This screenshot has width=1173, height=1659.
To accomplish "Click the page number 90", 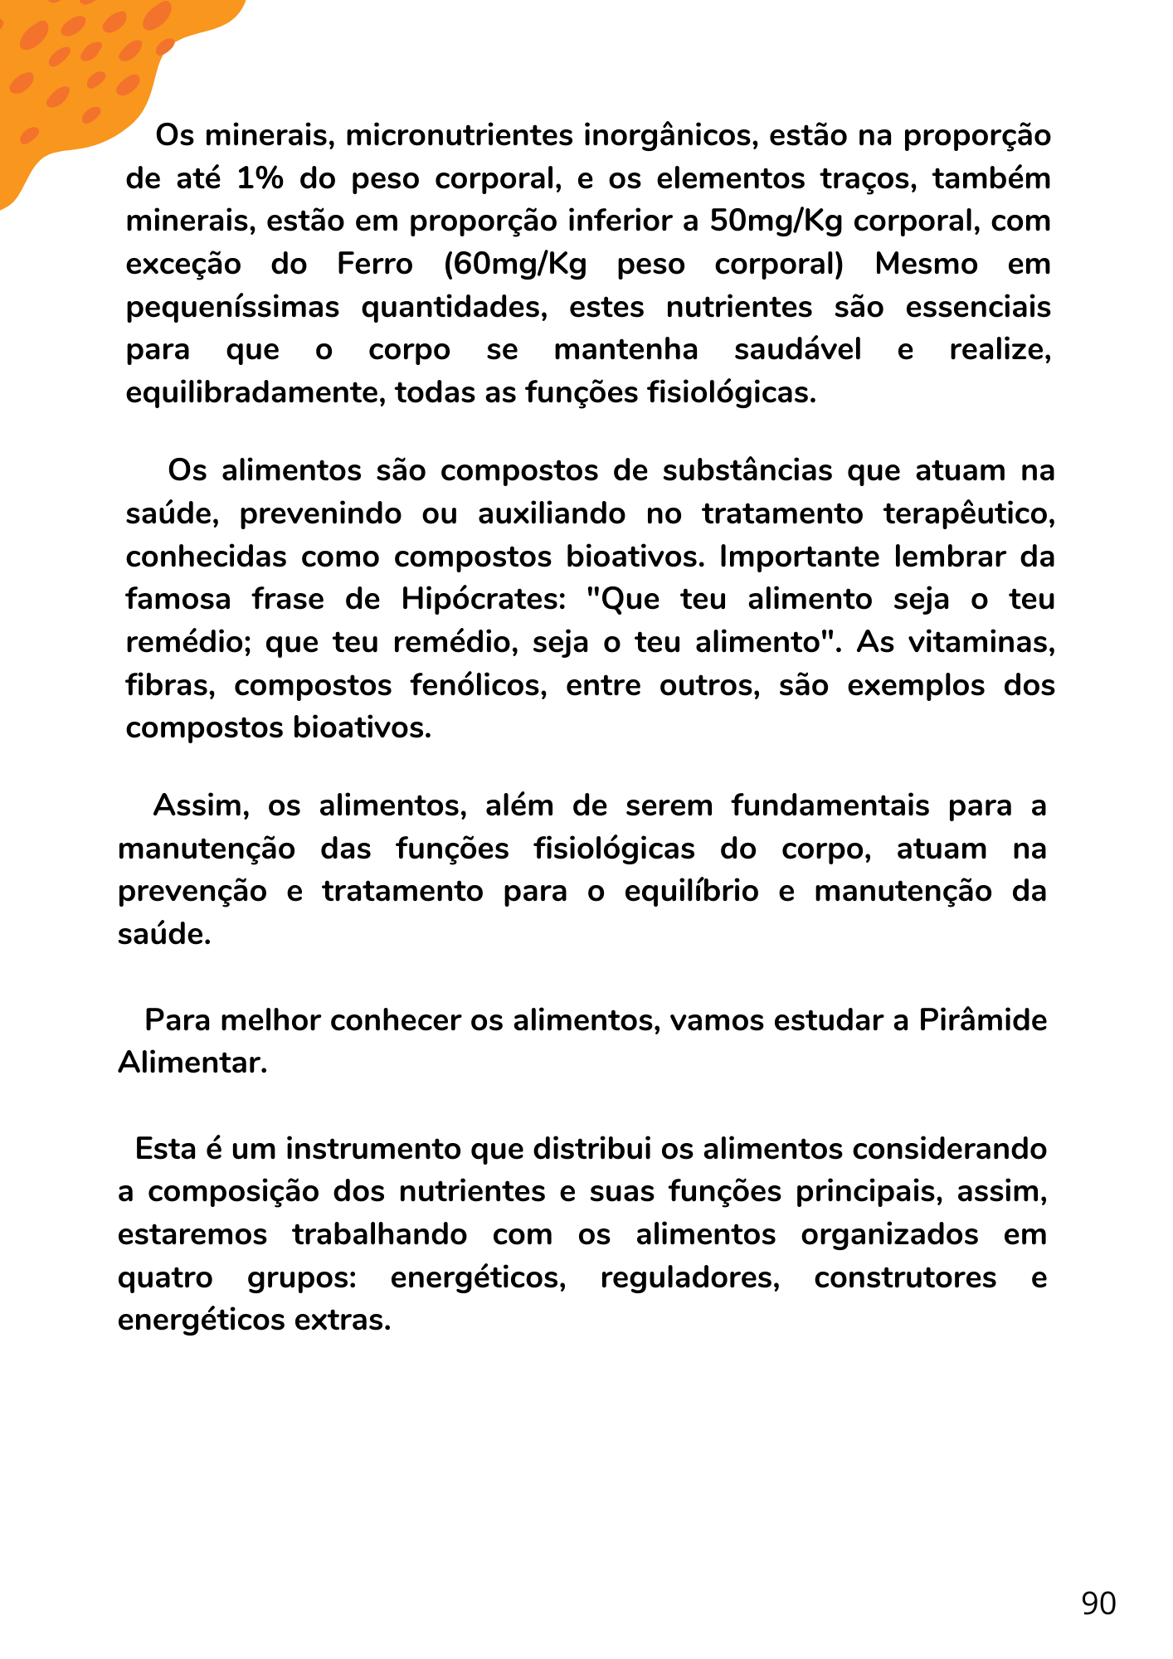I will [1098, 1603].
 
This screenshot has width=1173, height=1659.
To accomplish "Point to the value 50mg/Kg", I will [777, 221].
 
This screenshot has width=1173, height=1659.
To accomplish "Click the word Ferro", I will [375, 265].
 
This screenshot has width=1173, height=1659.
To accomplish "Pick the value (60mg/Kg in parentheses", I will [515, 265].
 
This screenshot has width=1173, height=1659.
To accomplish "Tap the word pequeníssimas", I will [232, 308].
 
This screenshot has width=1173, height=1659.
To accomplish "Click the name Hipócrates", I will [484, 599].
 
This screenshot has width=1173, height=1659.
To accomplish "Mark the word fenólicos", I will [479, 685].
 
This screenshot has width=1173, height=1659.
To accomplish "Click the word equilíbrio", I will [691, 891].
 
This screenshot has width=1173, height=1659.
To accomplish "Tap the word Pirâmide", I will [983, 1019].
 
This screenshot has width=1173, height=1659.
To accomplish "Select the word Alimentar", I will [192, 1063].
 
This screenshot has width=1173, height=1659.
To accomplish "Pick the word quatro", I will [165, 1277].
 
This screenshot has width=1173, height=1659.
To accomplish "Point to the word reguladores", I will [690, 1277].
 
